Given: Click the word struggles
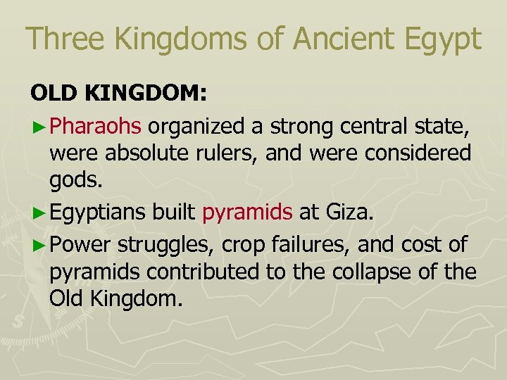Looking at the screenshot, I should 166,245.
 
